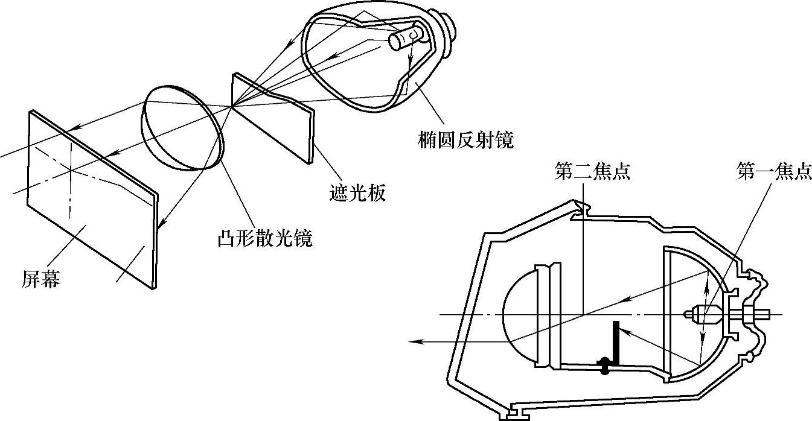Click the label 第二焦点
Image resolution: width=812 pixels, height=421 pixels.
(592, 173)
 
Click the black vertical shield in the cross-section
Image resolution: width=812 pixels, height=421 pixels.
(616, 341)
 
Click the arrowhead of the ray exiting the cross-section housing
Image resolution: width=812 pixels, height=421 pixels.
(414, 342)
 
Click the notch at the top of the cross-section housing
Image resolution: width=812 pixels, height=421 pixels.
(583, 208)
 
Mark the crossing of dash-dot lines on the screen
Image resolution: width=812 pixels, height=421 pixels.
(71, 170)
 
